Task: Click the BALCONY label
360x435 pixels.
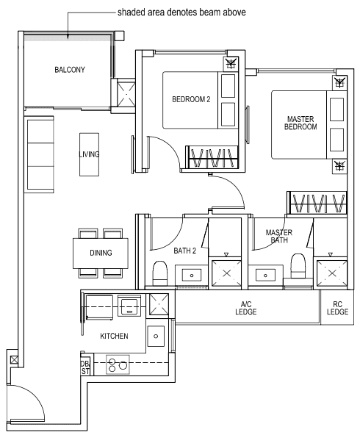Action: click(70, 70)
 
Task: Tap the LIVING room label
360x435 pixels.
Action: click(89, 154)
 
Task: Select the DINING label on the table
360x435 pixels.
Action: click(101, 253)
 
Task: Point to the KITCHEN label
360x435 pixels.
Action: click(114, 336)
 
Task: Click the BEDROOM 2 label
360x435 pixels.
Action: click(191, 99)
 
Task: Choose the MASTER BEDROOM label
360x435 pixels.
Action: click(300, 122)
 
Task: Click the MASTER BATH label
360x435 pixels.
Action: click(278, 236)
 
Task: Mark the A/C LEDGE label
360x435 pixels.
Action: click(246, 308)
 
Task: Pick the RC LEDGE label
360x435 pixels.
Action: click(337, 308)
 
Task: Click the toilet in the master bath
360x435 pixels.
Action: click(298, 266)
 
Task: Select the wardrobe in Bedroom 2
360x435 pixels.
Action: click(214, 157)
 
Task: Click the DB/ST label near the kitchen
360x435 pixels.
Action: click(85, 366)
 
